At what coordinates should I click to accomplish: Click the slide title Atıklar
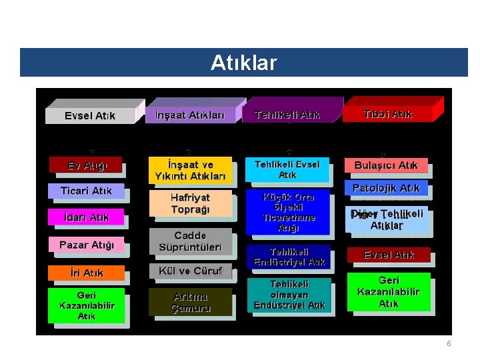click(243, 63)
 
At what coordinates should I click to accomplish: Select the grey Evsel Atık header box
click(90, 115)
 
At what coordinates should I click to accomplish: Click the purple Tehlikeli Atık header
click(287, 115)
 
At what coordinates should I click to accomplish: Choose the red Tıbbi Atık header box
click(388, 114)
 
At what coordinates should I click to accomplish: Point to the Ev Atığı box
click(87, 165)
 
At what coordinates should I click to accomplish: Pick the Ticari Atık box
click(87, 191)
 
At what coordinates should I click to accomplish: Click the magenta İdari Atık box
click(85, 217)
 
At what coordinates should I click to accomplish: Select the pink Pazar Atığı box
click(87, 245)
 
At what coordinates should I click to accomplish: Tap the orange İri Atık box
click(87, 273)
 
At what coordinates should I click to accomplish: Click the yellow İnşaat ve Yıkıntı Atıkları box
click(190, 171)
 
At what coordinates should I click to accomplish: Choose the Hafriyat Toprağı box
click(190, 203)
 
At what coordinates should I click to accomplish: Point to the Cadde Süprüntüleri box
click(190, 241)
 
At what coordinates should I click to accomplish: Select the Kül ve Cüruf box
click(190, 271)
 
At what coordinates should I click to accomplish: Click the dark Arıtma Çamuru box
click(190, 302)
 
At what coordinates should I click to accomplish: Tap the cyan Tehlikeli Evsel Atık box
click(287, 169)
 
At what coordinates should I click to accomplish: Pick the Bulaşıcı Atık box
click(387, 165)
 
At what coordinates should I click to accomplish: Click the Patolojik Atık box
click(387, 189)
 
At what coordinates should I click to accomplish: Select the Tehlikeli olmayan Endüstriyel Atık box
click(289, 295)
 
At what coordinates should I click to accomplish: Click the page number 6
click(449, 343)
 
